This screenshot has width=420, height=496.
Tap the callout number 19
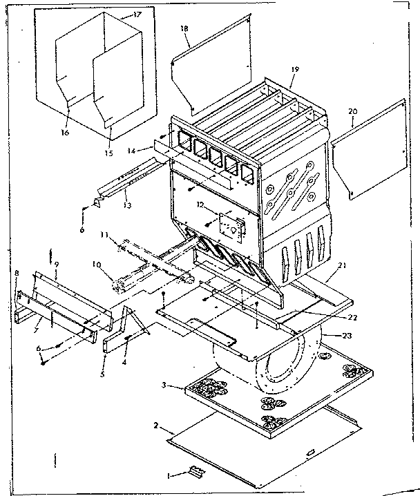(295, 70)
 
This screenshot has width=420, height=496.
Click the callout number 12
(200, 204)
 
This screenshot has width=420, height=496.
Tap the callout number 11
(104, 236)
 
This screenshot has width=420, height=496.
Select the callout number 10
(97, 264)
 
